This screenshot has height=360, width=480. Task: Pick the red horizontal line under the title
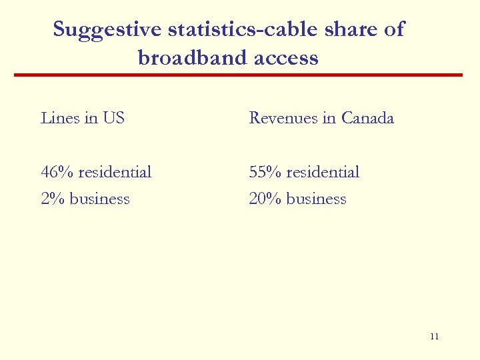pyautogui.click(x=239, y=75)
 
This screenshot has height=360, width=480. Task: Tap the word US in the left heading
pyautogui.click(x=113, y=119)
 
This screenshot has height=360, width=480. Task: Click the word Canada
pyautogui.click(x=367, y=119)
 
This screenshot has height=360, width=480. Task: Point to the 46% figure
pyautogui.click(x=57, y=173)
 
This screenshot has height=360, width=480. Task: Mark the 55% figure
pyautogui.click(x=265, y=173)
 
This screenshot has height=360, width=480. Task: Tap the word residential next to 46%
pyautogui.click(x=115, y=173)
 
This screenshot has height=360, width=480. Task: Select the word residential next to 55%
pyautogui.click(x=323, y=173)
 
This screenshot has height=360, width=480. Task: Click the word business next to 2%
pyautogui.click(x=99, y=199)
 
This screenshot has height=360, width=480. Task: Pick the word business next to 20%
pyautogui.click(x=316, y=199)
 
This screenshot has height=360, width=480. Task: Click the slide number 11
pyautogui.click(x=435, y=337)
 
